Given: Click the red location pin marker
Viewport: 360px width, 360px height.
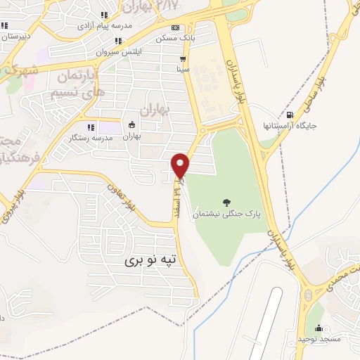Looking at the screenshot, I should click(181, 165).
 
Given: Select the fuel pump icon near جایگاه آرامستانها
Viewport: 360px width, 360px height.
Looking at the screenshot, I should click(290, 115).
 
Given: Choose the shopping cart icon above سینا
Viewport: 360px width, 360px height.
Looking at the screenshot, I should click(183, 60).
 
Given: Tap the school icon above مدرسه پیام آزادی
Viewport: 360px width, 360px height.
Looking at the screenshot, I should click(105, 15).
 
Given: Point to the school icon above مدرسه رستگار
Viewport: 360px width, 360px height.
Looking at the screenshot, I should click(91, 127).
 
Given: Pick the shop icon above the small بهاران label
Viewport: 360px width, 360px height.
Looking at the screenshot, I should click(131, 125).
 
